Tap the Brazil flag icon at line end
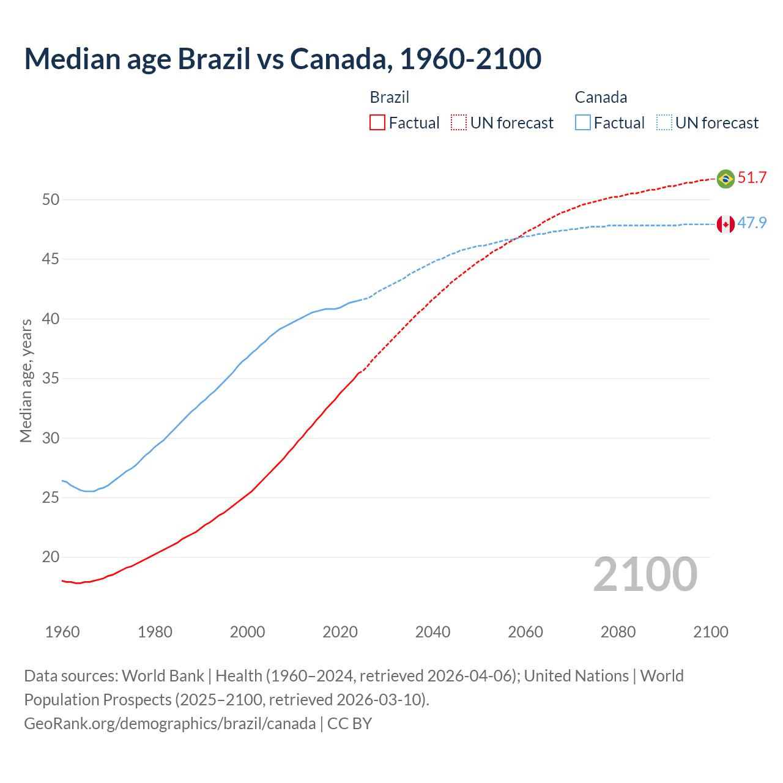click(x=725, y=179)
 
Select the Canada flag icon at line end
click(x=725, y=225)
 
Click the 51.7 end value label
click(x=752, y=178)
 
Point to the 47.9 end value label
click(x=752, y=223)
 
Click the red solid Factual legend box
click(x=377, y=123)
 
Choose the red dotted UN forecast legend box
click(x=459, y=123)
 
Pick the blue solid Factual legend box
click(x=583, y=123)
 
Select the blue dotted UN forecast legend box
click(x=664, y=123)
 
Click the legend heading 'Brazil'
click(x=389, y=97)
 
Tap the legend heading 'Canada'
click(x=601, y=97)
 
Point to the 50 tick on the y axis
click(x=51, y=200)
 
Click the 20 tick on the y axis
click(x=51, y=557)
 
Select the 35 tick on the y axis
click(x=51, y=379)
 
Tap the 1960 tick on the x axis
click(x=62, y=632)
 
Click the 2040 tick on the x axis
click(x=432, y=632)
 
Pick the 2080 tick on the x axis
click(x=618, y=632)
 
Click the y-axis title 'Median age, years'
click(x=26, y=380)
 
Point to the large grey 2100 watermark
click(x=645, y=574)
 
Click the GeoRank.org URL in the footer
click(x=169, y=724)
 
